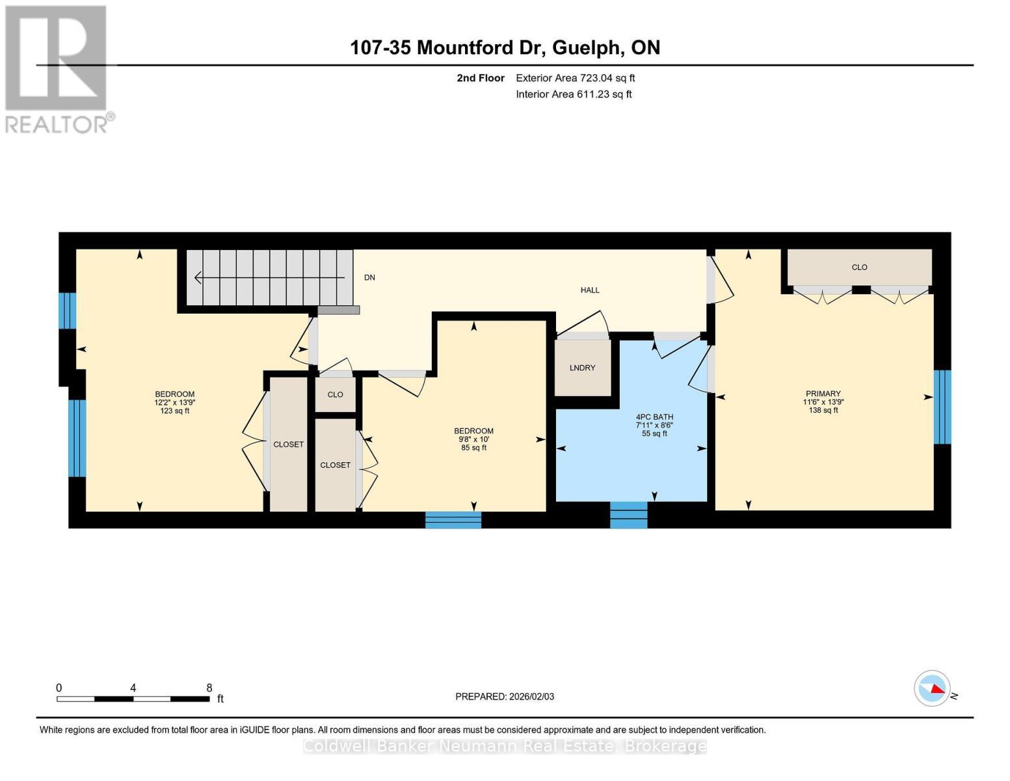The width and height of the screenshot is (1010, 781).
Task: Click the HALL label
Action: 589,290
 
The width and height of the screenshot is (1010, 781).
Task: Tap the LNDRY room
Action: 582,368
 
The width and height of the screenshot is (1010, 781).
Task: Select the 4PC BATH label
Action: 654,417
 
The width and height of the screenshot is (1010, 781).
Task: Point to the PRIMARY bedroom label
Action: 823,393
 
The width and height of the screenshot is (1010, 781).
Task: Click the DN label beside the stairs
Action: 369,277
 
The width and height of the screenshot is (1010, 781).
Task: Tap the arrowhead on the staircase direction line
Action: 198,278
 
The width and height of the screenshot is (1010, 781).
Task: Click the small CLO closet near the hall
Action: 335,394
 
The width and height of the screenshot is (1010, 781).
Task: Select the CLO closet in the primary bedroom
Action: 859,267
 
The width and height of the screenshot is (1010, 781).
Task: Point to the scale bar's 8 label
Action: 209,687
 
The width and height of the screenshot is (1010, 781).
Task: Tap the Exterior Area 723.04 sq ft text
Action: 575,78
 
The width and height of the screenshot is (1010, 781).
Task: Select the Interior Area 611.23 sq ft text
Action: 574,94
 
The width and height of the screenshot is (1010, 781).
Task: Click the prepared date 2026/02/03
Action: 531,696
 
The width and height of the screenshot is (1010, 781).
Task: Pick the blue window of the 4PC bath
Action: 628,514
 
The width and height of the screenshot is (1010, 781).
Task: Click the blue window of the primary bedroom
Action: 942,407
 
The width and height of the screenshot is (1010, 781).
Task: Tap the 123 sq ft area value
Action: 175,411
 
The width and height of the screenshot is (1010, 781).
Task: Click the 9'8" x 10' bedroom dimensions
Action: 473,439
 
